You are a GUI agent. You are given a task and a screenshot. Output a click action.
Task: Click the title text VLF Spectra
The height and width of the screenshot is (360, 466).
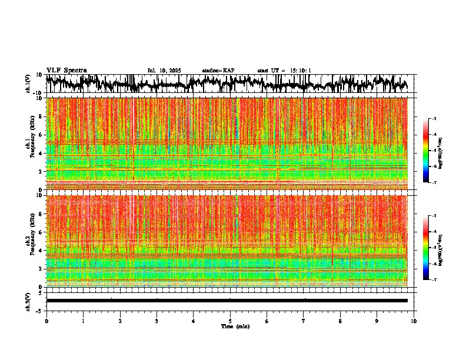tap(66, 71)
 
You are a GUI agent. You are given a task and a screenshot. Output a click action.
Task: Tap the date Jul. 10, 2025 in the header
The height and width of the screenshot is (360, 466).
tap(164, 71)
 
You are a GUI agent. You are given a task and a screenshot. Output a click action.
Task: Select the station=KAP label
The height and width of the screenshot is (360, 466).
tap(218, 71)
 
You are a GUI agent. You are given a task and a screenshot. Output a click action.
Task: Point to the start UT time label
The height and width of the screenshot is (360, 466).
tap(284, 71)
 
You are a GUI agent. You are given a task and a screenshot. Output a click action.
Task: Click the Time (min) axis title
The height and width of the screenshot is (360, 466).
tap(235, 326)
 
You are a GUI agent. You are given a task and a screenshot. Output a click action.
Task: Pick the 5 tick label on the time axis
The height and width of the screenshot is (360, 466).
tap(230, 321)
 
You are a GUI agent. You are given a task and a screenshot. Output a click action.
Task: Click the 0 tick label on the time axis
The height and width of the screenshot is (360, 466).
tap(46, 321)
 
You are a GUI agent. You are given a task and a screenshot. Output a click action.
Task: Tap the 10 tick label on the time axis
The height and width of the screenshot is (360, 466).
tap(414, 321)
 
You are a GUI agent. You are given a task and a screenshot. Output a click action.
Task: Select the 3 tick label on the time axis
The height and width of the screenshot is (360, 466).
tap(157, 321)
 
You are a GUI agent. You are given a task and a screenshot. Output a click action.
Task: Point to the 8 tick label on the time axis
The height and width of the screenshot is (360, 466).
tap(340, 321)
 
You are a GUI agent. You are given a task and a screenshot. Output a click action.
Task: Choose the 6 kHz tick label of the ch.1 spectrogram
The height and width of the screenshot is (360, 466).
tap(41, 135)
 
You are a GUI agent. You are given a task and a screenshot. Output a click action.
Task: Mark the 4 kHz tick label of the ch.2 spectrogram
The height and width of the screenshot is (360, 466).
tap(41, 251)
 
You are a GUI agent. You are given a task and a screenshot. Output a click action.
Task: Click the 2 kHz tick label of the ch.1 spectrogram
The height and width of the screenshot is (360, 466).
tap(41, 172)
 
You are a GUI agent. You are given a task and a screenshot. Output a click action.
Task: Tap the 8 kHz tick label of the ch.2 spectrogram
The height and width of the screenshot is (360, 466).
tap(41, 214)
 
